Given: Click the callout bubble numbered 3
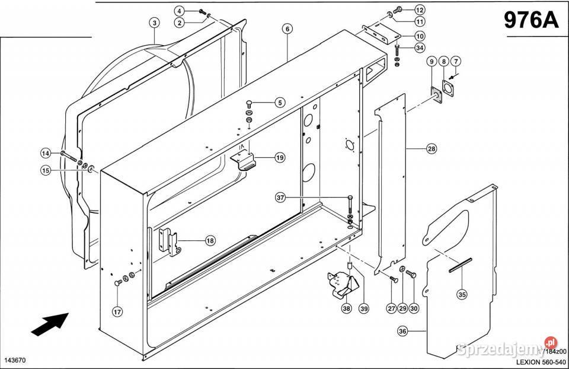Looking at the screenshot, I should (154, 23).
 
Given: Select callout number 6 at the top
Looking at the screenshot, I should (287, 28).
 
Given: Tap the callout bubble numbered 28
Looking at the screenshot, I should (431, 149).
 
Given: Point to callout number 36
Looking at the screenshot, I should (402, 332).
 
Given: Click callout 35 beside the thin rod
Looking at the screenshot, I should (462, 294).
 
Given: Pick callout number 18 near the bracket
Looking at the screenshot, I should (210, 240).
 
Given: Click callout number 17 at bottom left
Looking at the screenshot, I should (117, 311).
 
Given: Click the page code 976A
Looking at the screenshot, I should (531, 20).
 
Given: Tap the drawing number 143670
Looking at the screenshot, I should (16, 360).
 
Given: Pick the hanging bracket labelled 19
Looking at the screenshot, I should (244, 160).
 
